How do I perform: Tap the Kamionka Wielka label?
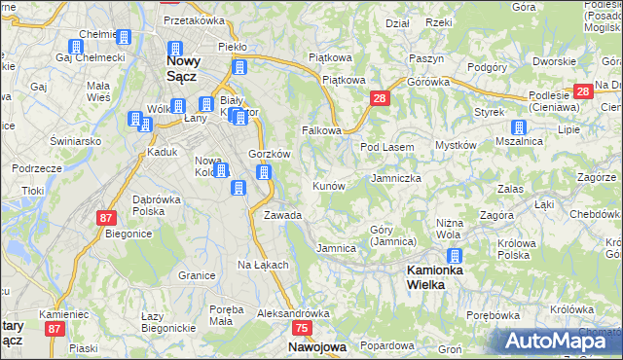tap(433, 275)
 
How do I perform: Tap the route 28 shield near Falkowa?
tap(380, 98)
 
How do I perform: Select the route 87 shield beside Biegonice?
tap(107, 218)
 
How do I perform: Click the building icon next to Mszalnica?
tap(519, 127)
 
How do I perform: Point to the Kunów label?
tap(328, 185)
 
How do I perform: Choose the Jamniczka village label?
tap(396, 179)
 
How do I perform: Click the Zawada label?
tap(282, 215)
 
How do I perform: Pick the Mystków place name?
tap(455, 145)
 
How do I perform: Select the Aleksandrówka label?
tap(294, 314)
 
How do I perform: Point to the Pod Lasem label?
tap(387, 147)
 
